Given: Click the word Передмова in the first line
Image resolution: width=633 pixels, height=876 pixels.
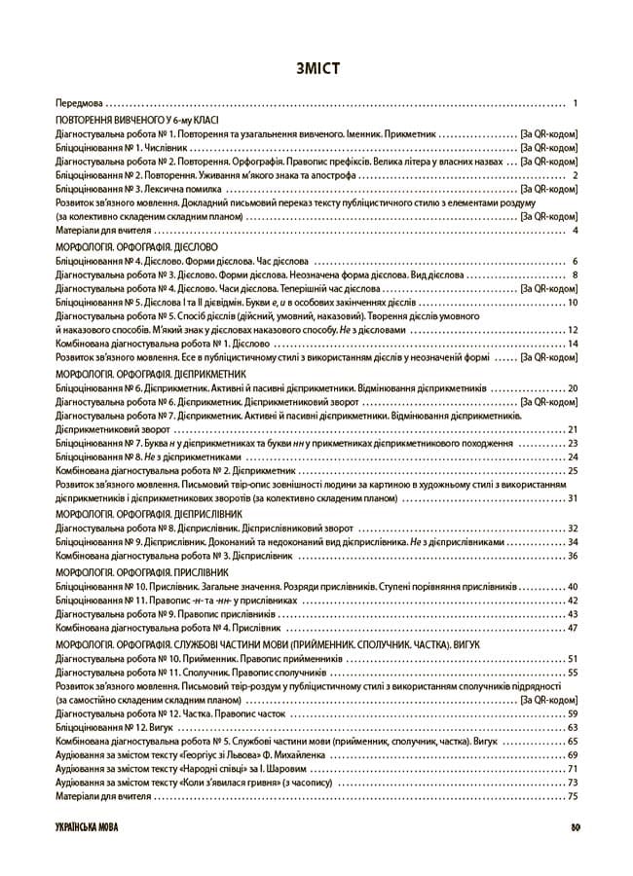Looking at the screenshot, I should [80, 102].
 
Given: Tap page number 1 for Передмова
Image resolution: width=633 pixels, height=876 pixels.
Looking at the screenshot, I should [576, 102].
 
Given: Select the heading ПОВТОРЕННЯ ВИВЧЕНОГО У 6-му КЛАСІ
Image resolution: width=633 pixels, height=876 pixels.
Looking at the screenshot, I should [136, 120].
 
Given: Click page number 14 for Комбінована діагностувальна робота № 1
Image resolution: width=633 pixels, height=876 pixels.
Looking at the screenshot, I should [574, 344].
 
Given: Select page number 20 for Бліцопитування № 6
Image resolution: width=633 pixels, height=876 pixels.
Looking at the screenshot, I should [574, 388].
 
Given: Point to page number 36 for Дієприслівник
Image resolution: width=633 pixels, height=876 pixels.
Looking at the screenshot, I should [574, 556].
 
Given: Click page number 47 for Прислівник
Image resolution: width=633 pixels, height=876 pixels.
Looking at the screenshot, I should [574, 628].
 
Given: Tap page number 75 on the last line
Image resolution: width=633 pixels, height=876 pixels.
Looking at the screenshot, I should [574, 797].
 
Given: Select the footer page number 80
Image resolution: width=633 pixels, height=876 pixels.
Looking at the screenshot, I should [576, 828].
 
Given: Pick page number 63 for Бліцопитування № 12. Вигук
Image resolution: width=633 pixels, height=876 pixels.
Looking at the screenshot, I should [574, 727].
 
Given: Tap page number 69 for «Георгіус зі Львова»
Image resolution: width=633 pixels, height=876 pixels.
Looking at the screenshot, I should [574, 755].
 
